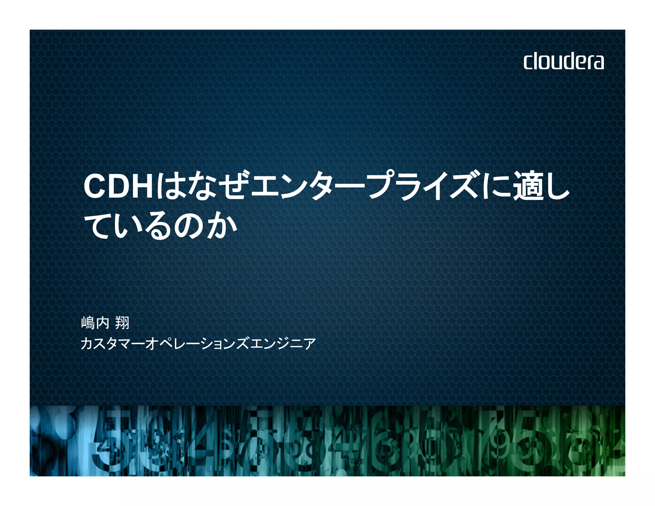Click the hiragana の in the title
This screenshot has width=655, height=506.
point(189,226)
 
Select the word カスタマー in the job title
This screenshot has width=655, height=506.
point(112,344)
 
